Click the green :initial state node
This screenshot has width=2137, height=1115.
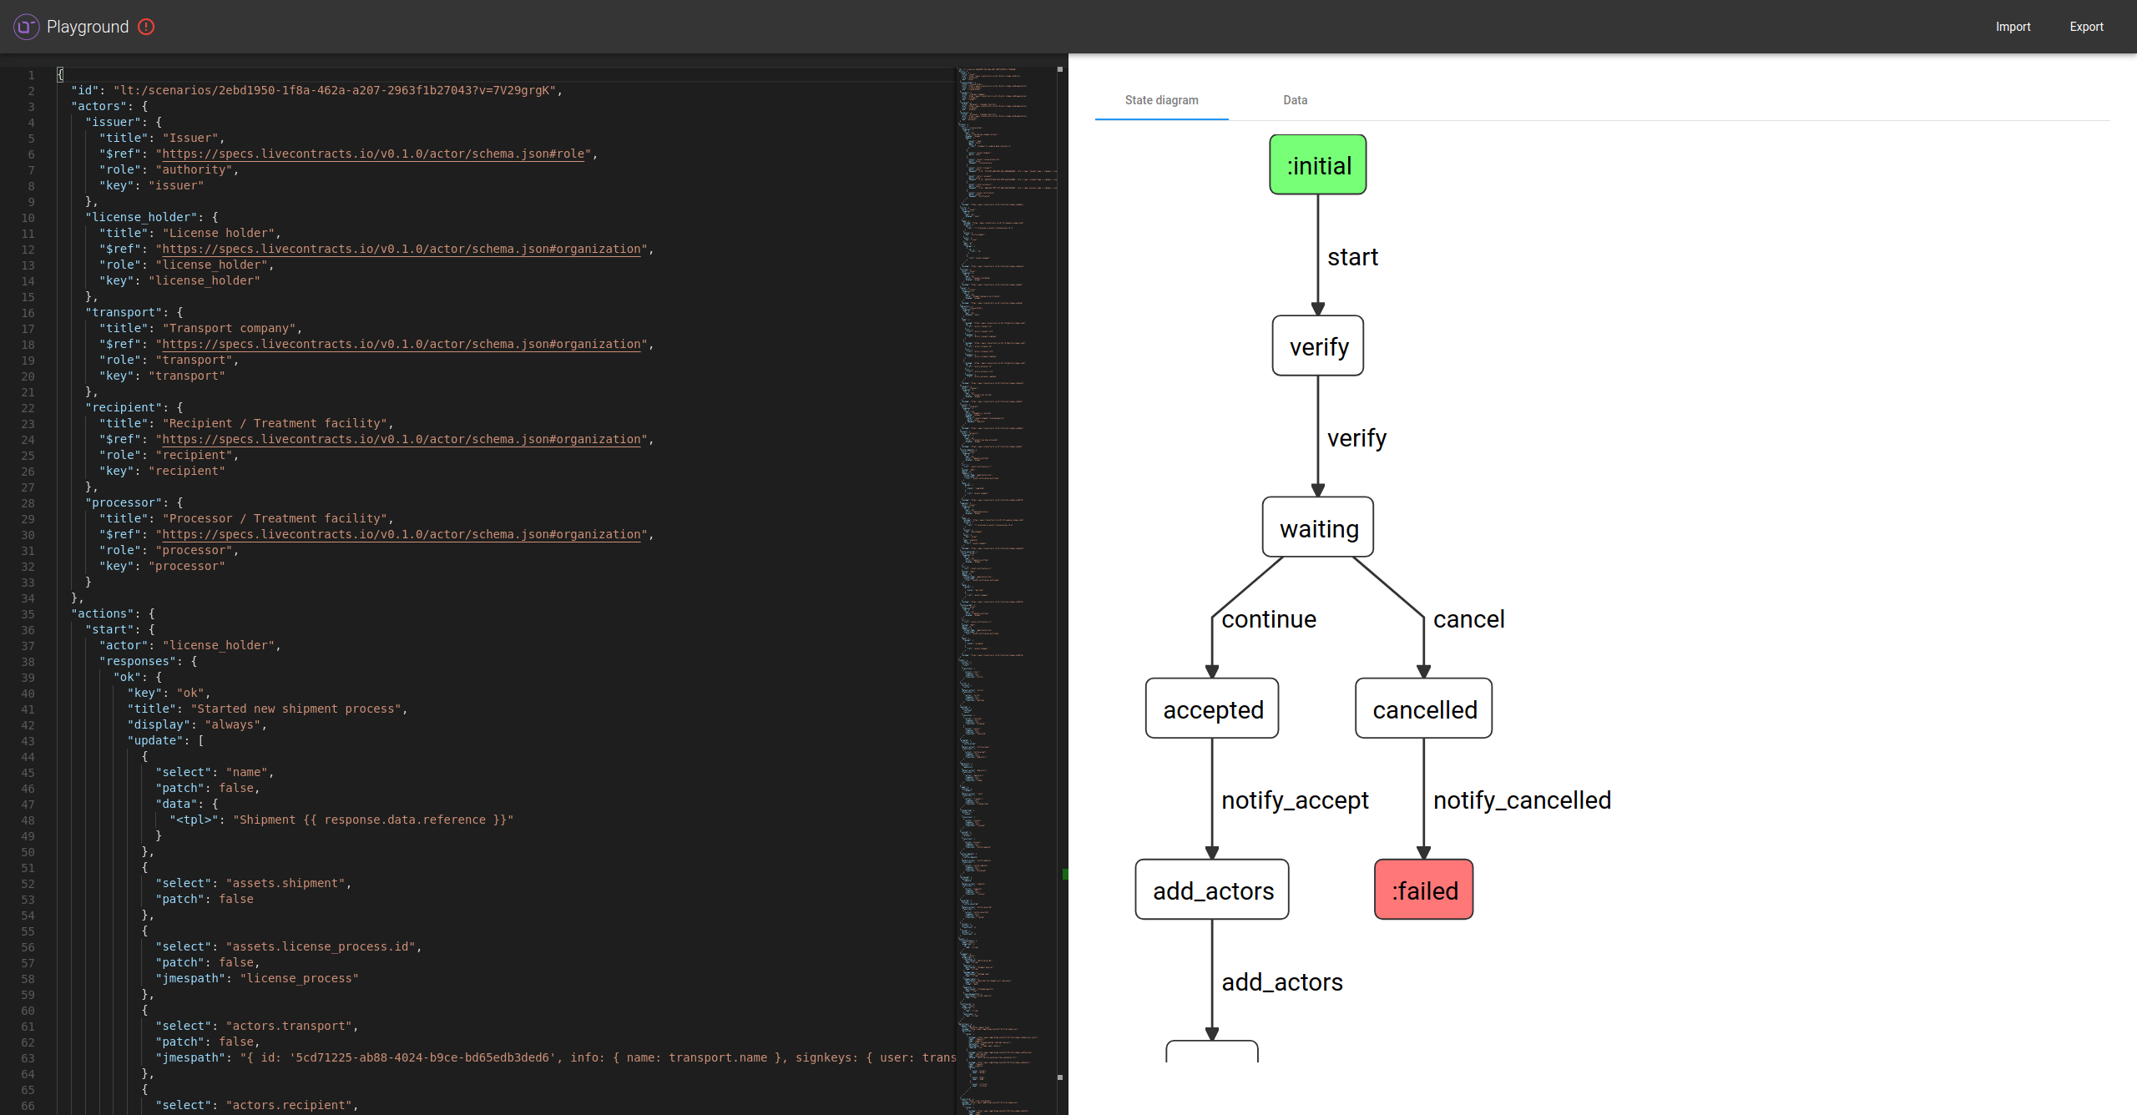click(1317, 165)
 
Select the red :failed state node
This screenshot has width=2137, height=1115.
click(1423, 890)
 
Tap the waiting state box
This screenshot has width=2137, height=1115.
click(1317, 527)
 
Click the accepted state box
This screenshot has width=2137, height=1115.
click(1212, 709)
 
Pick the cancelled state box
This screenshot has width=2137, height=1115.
click(1423, 709)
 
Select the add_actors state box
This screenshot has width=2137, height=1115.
click(1212, 890)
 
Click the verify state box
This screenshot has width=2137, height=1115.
click(1317, 346)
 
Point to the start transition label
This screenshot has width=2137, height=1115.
click(1352, 257)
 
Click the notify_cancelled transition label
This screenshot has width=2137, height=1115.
click(1521, 800)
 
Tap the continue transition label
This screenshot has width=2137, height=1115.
click(1268, 619)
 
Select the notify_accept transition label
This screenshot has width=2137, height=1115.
click(1294, 800)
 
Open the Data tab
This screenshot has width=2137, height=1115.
click(1295, 100)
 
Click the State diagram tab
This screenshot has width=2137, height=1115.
click(1161, 100)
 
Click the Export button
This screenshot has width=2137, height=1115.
click(2085, 27)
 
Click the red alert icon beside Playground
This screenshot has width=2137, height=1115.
click(146, 27)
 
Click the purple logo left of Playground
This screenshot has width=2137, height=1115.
click(26, 27)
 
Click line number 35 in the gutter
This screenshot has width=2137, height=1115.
click(28, 614)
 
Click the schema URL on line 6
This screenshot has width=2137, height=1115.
click(373, 154)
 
